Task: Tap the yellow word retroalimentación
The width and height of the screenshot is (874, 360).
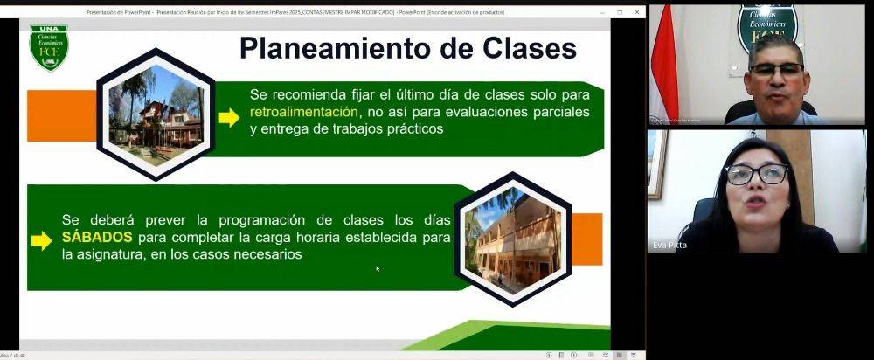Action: [x=304, y=113]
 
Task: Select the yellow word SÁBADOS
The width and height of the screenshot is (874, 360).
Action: [x=97, y=238]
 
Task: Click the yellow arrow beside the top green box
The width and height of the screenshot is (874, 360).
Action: [x=229, y=118]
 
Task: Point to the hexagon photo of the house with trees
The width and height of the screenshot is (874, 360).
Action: [x=156, y=115]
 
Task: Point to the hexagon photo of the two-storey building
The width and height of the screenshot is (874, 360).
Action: [x=512, y=239]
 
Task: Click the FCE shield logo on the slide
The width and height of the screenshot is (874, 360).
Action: [x=48, y=47]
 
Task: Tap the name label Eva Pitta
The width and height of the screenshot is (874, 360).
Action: [x=670, y=246]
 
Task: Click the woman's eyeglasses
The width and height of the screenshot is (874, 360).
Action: [x=756, y=175]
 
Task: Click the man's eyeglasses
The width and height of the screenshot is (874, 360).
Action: [x=776, y=70]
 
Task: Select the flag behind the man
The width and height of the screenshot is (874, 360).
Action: [x=663, y=61]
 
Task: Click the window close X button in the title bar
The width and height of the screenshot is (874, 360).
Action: [x=638, y=12]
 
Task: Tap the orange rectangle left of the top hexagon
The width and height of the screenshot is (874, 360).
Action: [x=61, y=115]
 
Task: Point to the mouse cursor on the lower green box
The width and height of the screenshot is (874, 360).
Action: [x=378, y=268]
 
